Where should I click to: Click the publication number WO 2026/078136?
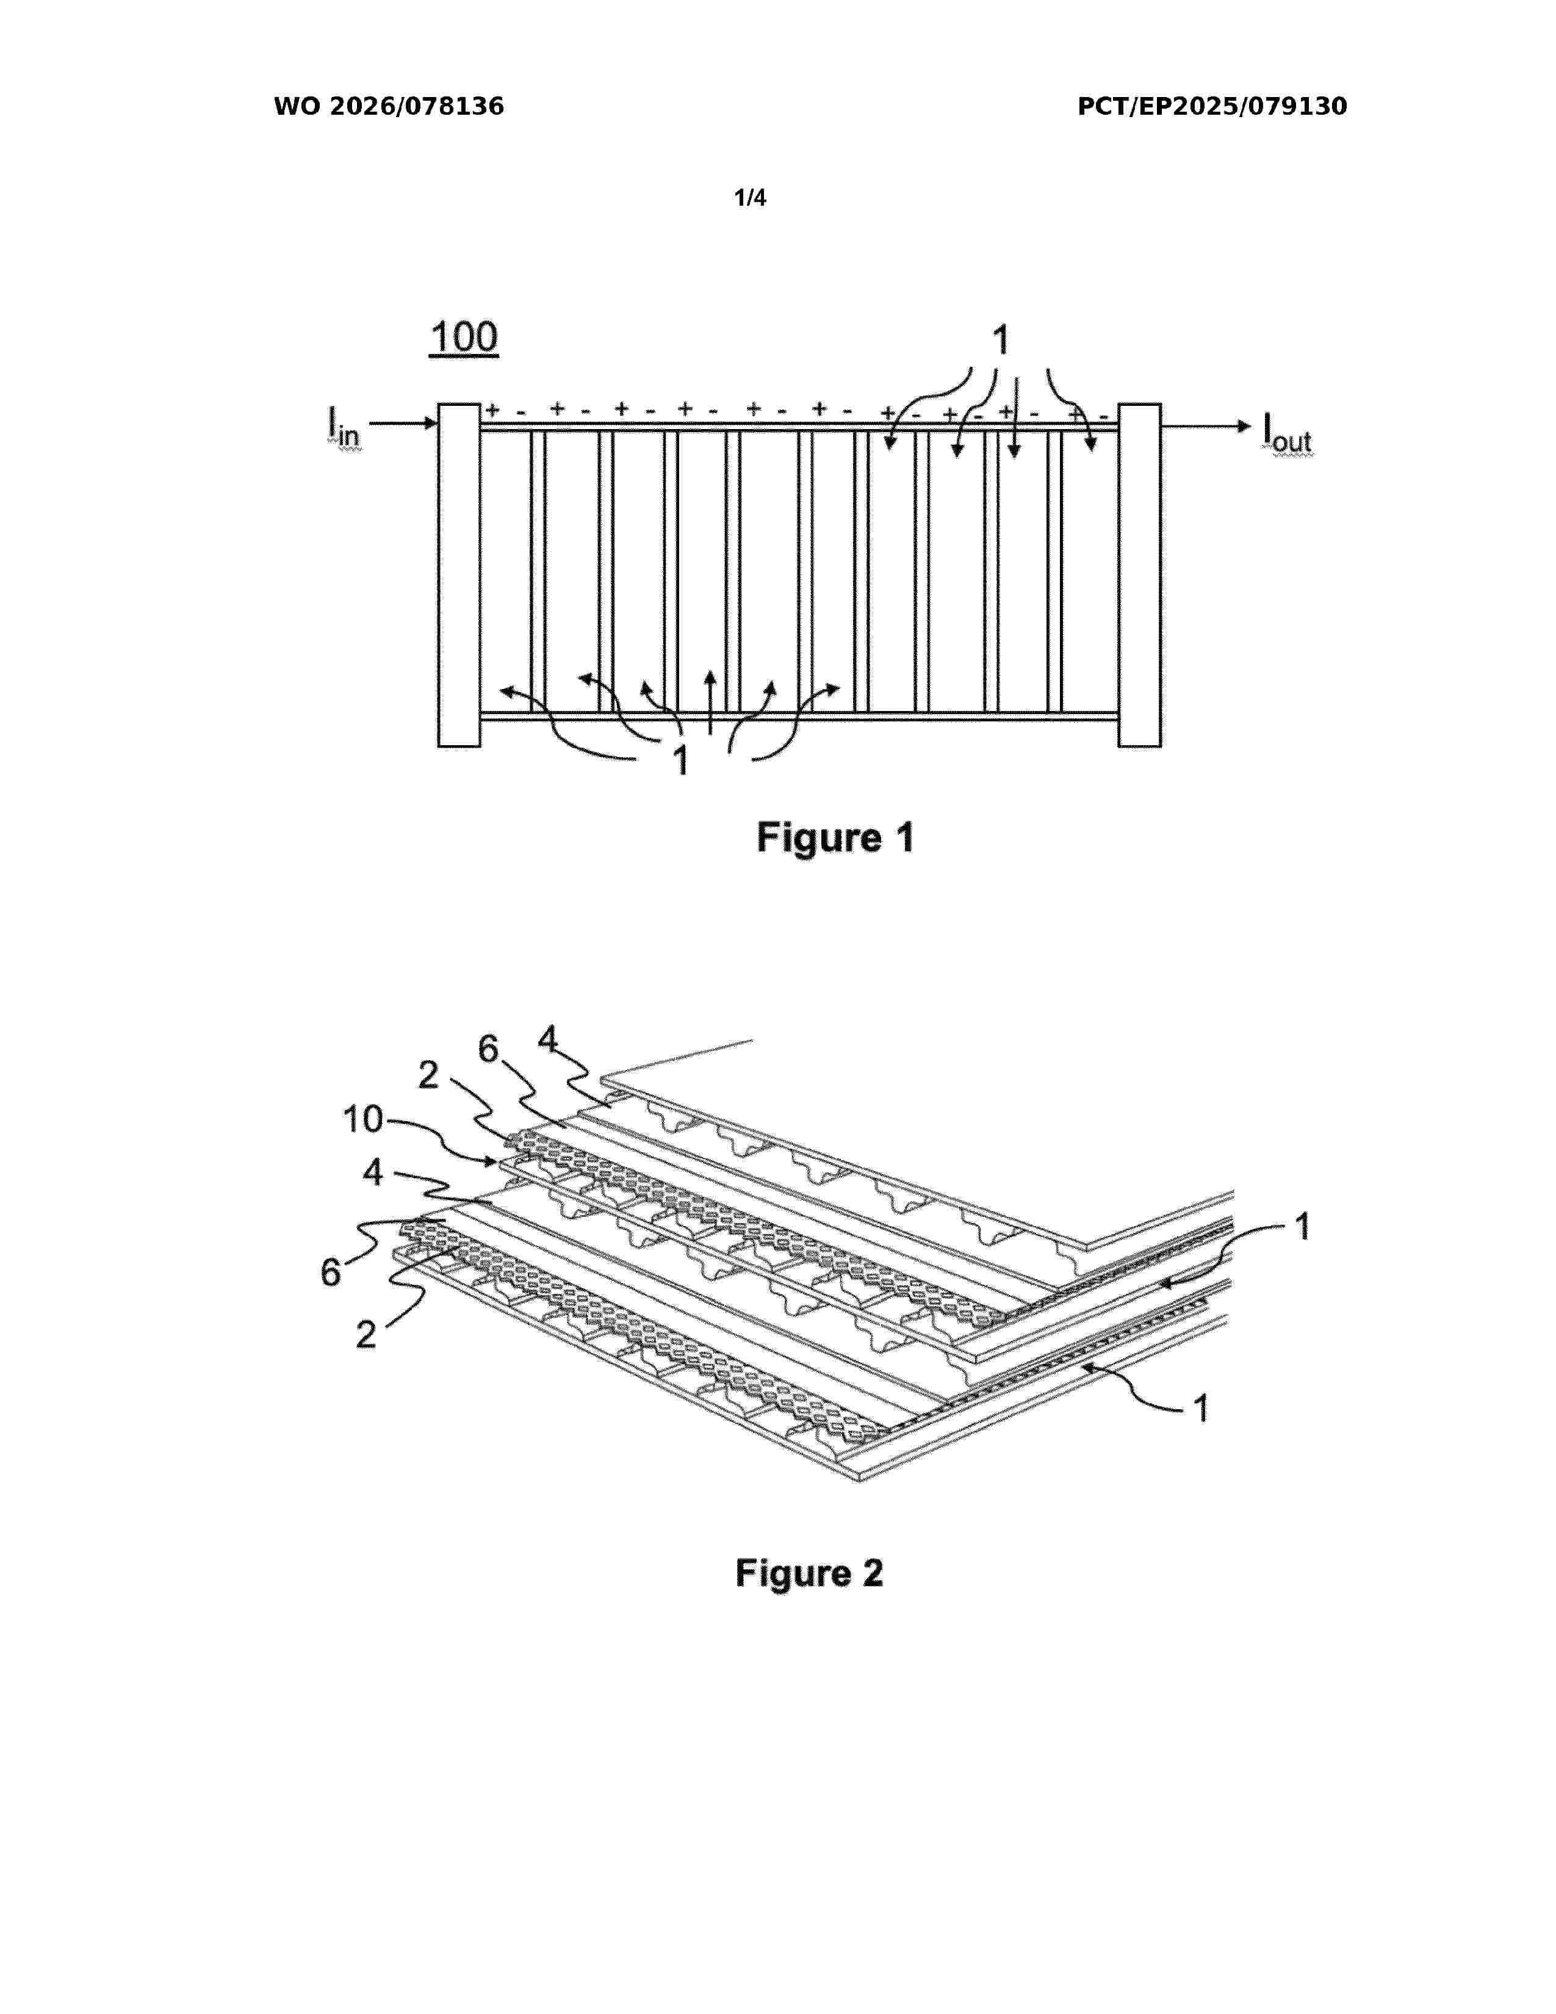tap(389, 107)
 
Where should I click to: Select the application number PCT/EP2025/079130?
tap(1212, 107)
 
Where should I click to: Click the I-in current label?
tap(344, 427)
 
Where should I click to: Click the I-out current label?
tap(1286, 431)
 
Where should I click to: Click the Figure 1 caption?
tap(835, 838)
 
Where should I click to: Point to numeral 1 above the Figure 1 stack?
tap(1000, 341)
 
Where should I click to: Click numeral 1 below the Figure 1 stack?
tap(681, 762)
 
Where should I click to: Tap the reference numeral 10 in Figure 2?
tap(362, 1119)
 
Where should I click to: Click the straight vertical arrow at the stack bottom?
tap(710, 702)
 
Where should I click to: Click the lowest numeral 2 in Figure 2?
tap(366, 1334)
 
